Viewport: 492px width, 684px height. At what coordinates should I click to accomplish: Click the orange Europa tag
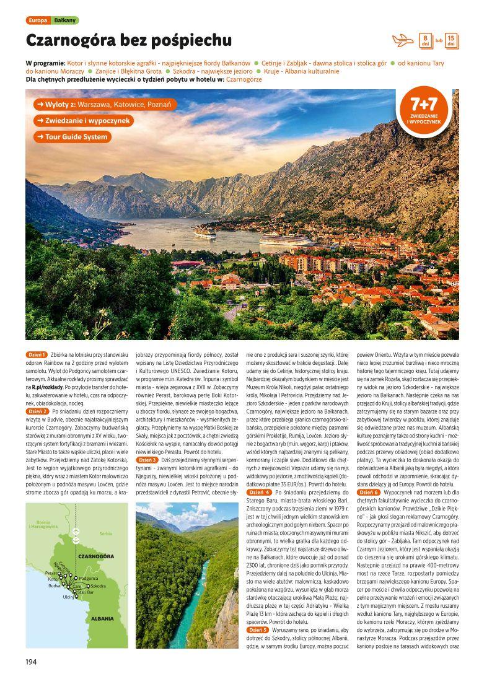(38, 20)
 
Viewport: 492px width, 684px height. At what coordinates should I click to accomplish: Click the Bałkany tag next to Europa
(64, 20)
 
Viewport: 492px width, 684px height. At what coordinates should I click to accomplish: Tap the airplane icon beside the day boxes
(403, 41)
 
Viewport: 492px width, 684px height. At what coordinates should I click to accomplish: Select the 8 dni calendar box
(426, 41)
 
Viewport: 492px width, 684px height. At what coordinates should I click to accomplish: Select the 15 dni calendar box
(452, 41)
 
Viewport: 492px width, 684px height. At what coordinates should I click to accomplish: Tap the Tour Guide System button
(72, 137)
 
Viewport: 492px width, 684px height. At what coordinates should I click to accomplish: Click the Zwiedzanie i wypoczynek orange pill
(83, 121)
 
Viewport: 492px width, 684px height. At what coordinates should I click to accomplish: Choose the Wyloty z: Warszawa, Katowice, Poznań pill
(106, 104)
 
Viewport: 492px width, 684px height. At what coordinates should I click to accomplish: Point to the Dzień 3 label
(147, 460)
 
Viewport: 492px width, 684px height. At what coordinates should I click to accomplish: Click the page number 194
(32, 661)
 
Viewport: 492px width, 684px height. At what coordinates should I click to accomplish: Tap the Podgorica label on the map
(89, 578)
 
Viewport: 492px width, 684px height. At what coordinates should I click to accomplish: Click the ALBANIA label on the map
(102, 618)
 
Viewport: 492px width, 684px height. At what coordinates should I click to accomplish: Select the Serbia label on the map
(106, 533)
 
